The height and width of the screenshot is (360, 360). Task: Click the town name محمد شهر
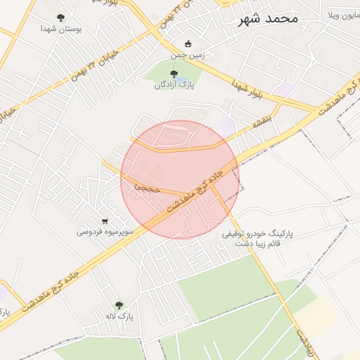click(269, 19)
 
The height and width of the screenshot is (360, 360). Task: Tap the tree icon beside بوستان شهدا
click(60, 18)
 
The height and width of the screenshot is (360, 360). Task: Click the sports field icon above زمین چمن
click(187, 44)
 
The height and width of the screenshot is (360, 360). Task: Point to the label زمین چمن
click(186, 55)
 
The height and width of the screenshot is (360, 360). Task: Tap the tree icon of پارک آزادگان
click(174, 74)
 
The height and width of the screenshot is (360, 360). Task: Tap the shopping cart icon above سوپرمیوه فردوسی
click(105, 220)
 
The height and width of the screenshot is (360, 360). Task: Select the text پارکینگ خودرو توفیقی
click(257, 233)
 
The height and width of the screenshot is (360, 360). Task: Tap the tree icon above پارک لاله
click(119, 305)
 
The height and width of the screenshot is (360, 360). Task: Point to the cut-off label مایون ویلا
click(342, 15)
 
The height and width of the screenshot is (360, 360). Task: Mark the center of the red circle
click(180, 179)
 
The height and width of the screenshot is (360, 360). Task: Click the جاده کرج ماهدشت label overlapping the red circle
click(197, 188)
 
